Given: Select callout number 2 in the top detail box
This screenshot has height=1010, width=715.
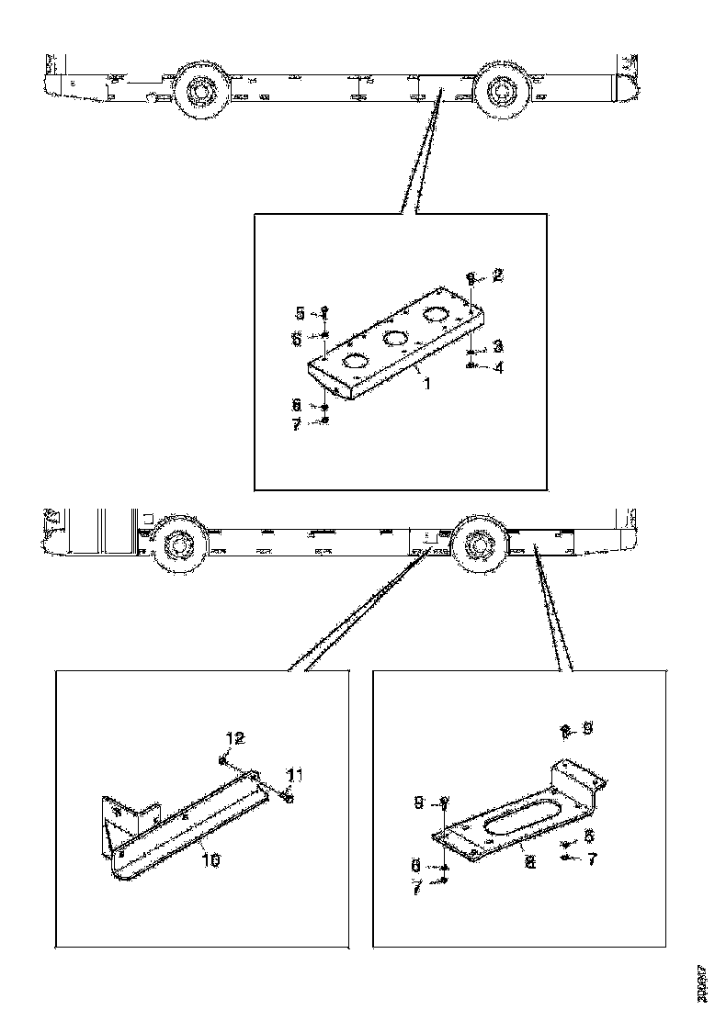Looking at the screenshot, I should click(497, 275).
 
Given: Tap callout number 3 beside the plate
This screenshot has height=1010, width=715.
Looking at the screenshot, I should click(496, 345).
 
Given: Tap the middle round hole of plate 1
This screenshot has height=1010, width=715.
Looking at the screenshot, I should click(395, 339).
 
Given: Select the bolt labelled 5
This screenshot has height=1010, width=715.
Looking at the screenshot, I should click(325, 312).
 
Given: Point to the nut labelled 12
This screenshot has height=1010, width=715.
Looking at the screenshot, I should click(223, 759).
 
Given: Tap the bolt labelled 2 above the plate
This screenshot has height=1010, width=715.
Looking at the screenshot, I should click(471, 276).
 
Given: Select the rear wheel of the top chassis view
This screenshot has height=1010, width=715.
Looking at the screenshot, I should click(501, 91).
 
